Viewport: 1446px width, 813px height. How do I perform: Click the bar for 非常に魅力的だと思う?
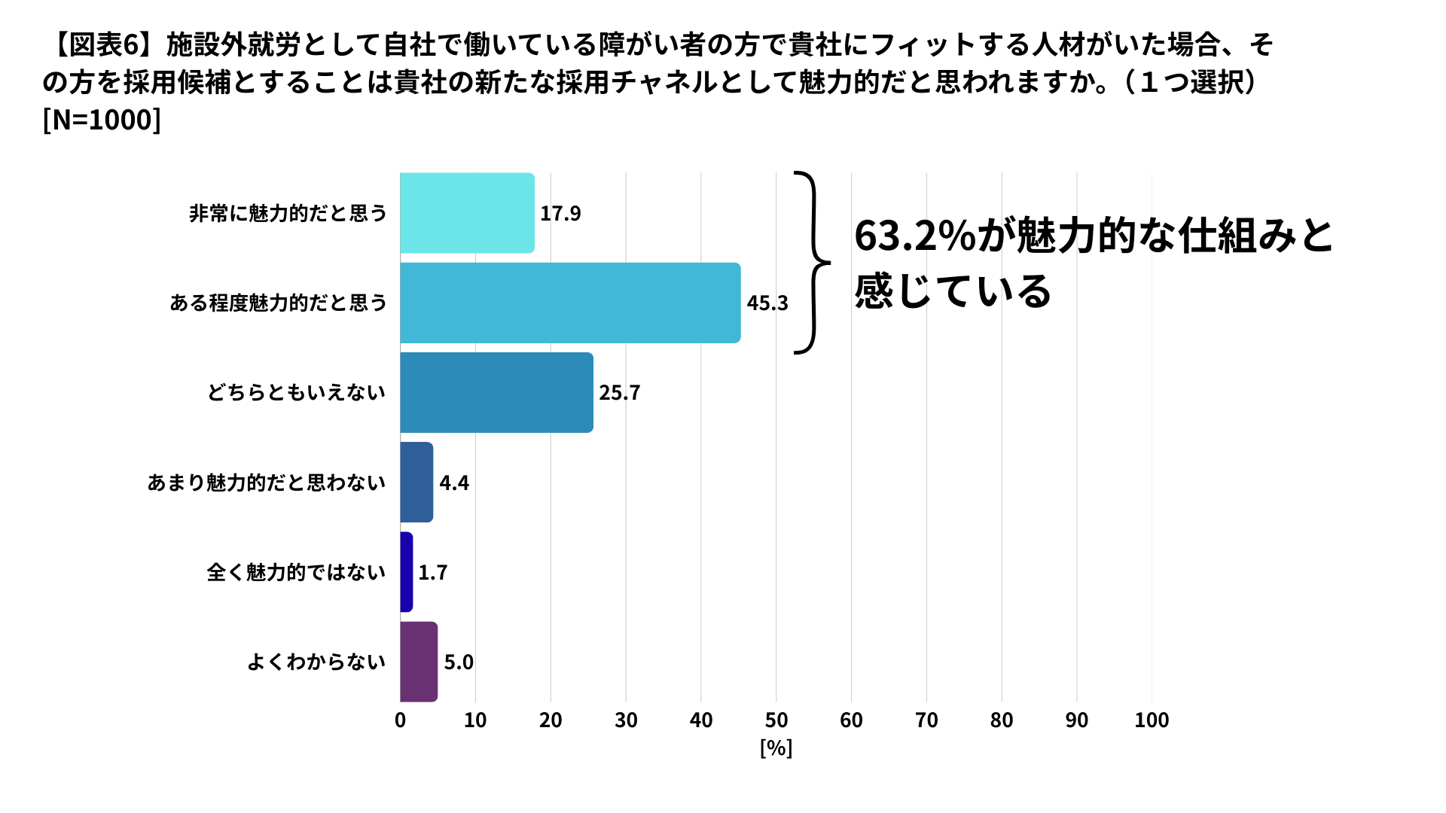pyautogui.click(x=467, y=213)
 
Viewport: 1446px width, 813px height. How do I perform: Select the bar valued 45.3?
pyautogui.click(x=570, y=303)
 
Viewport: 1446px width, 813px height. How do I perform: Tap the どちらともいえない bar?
pyautogui.click(x=496, y=392)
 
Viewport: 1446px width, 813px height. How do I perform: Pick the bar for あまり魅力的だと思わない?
pyautogui.click(x=416, y=482)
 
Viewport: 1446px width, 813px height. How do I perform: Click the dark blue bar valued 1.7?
pyautogui.click(x=407, y=572)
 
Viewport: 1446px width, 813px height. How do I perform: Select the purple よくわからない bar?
pyautogui.click(x=419, y=662)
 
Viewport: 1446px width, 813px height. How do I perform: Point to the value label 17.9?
pyautogui.click(x=560, y=214)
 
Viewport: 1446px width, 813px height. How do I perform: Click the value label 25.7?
pyautogui.click(x=619, y=393)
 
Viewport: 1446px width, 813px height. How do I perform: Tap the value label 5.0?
pyautogui.click(x=459, y=662)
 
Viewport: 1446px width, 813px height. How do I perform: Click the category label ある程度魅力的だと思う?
pyautogui.click(x=278, y=303)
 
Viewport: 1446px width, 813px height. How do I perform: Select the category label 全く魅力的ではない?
pyautogui.click(x=296, y=572)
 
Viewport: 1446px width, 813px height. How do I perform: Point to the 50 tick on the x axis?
pyautogui.click(x=776, y=720)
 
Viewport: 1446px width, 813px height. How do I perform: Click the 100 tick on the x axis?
pyautogui.click(x=1152, y=720)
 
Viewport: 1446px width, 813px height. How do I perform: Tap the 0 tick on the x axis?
pyautogui.click(x=400, y=720)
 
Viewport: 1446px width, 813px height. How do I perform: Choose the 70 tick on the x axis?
pyautogui.click(x=926, y=720)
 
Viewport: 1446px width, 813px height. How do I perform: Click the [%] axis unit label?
pyautogui.click(x=776, y=748)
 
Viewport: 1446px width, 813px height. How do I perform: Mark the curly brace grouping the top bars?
pyautogui.click(x=812, y=263)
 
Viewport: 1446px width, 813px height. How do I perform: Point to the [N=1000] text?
pyautogui.click(x=102, y=120)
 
